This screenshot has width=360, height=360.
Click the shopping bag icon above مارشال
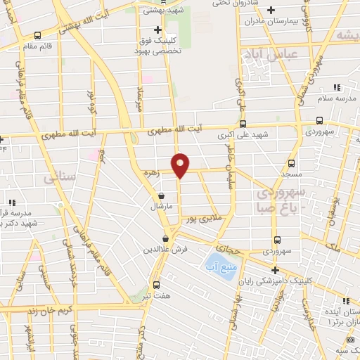coord(163,197)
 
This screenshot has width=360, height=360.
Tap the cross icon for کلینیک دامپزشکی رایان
coord(275,270)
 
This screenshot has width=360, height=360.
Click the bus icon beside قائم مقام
coord(37,35)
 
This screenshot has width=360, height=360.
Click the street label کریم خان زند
coord(32,310)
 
